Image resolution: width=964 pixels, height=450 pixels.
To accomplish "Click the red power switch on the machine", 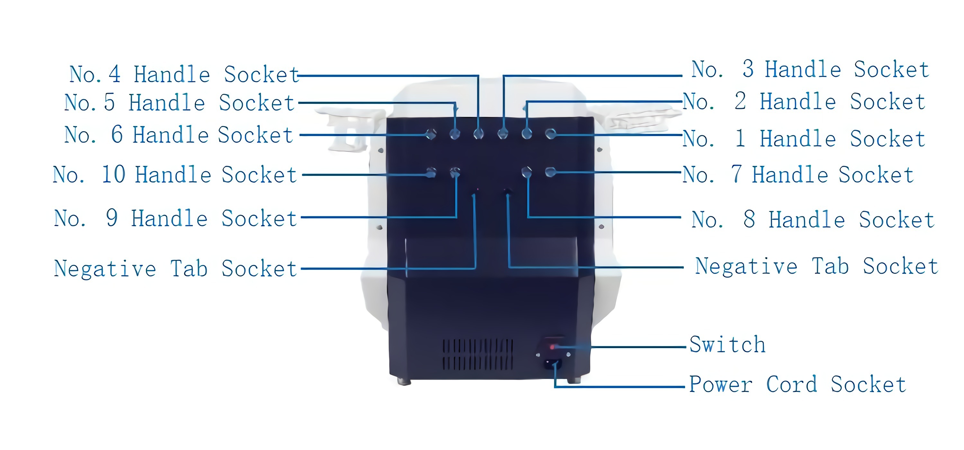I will tap(552, 347).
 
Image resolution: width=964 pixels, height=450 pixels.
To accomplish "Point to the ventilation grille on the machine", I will tap(478, 354).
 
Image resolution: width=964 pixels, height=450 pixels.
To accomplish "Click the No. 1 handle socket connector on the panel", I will tap(550, 134).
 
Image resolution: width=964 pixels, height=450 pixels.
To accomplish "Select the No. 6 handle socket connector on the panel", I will tap(431, 134).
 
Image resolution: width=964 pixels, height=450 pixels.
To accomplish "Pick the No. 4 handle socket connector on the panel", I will tap(479, 134).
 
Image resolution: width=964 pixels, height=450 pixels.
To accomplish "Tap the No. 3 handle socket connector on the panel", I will tap(503, 134).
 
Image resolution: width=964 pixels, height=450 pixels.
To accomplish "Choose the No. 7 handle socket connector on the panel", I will tap(550, 173).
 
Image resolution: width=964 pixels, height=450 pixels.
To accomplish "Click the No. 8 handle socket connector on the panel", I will tap(527, 173).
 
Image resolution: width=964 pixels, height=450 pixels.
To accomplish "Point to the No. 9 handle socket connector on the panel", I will tap(455, 173).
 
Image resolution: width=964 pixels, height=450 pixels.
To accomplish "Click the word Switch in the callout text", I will tap(727, 345).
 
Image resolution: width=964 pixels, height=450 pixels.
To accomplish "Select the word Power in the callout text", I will tap(720, 384).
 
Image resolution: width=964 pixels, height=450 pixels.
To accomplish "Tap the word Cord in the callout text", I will tap(791, 384).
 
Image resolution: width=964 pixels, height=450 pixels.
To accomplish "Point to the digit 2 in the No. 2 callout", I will tap(740, 101).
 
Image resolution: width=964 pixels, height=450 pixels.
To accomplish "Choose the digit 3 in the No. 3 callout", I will tap(748, 69).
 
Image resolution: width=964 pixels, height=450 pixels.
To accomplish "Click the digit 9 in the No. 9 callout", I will tap(112, 218).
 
